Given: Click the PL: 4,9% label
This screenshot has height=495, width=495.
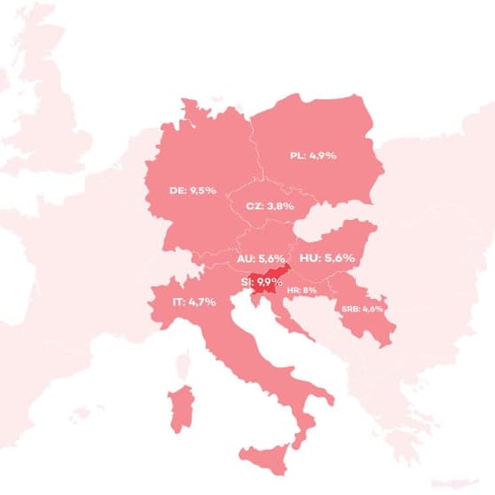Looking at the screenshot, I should pos(312,155).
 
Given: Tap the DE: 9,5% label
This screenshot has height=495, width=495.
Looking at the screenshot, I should pos(192,190).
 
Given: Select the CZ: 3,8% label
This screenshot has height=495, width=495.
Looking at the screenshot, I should pos(269,206).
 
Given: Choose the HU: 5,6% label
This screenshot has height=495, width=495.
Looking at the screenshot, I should pos(327,258).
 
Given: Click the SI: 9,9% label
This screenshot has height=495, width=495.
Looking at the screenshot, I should pos(262,283).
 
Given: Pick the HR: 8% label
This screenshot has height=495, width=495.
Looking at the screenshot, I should pos(302,290).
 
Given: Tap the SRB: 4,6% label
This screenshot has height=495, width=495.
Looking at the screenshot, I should pos(362,309).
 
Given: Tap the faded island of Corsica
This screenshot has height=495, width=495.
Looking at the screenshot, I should pos(185,364).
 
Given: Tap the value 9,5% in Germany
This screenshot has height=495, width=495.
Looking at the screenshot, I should pos(203,190).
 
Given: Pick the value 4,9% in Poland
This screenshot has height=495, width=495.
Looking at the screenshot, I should pos(324,155).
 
